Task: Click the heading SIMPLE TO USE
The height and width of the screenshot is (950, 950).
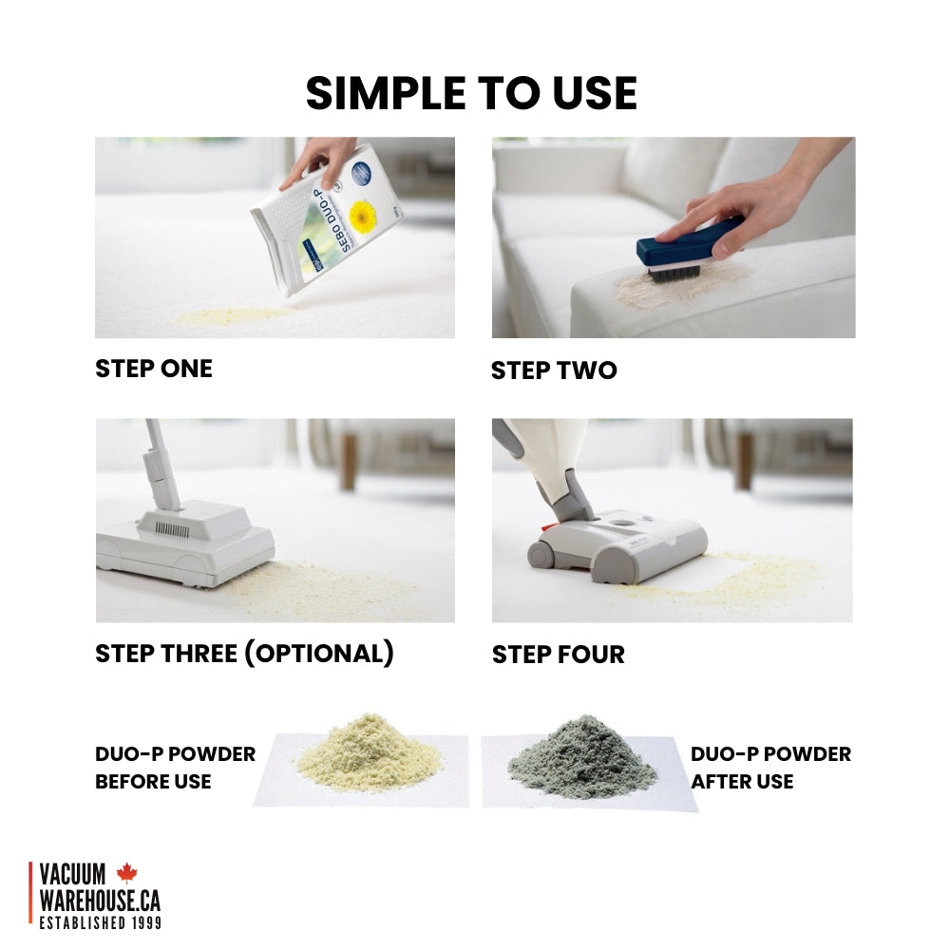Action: pos(471,93)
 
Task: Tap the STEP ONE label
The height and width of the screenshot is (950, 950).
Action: pos(154,369)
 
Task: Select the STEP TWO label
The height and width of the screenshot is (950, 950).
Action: pos(554,370)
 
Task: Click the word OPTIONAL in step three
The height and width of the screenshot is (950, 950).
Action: pos(319,654)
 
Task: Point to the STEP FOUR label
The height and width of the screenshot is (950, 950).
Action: pos(558,655)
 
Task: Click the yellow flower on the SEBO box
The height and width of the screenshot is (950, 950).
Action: pos(363,217)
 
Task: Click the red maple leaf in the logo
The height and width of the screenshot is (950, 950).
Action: pos(126,872)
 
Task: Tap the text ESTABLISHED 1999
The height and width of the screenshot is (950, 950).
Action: pos(101,922)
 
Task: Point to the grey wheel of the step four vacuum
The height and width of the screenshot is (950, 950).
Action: pos(541,555)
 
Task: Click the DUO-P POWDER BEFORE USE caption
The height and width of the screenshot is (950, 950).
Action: pos(175,768)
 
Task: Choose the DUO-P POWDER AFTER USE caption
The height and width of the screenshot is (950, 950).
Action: pos(770,768)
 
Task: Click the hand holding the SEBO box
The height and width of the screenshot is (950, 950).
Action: pos(318,161)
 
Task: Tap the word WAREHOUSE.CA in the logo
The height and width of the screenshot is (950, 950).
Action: pos(100,901)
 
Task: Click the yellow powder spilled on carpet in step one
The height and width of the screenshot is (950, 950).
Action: pos(234,315)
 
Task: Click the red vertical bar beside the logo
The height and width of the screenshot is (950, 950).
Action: pos(30,892)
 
